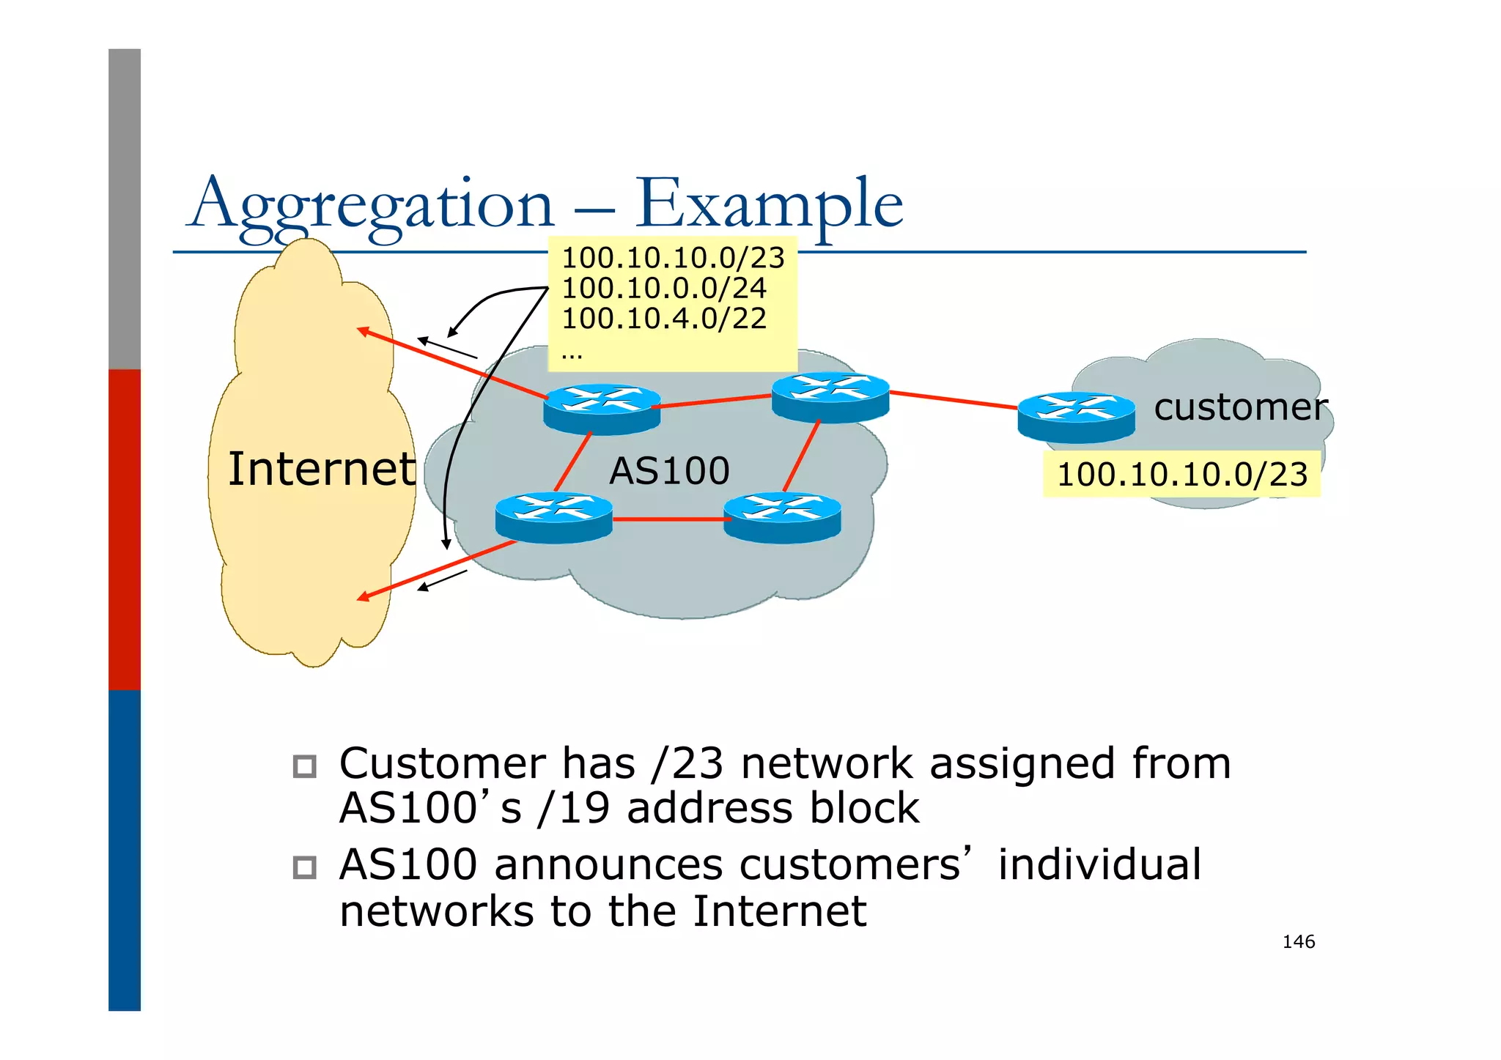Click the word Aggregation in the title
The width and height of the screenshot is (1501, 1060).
(370, 205)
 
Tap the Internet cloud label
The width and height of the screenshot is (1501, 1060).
(321, 469)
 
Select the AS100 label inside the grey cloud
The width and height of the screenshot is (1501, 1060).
(669, 471)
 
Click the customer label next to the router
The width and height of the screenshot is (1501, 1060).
(1240, 407)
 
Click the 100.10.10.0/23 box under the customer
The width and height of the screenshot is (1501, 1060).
(1181, 475)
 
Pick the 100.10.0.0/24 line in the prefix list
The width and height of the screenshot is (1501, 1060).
(663, 288)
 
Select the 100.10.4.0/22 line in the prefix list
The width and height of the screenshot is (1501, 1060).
(663, 318)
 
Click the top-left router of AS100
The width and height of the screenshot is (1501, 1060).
(602, 409)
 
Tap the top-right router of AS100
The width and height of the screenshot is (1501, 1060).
(830, 398)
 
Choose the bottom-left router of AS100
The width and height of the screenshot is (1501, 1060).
(553, 517)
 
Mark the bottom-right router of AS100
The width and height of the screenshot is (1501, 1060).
(782, 517)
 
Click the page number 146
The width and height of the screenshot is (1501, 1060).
(1298, 942)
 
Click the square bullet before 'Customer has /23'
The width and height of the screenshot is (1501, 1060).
(304, 766)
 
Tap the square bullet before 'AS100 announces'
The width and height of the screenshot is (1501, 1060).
(304, 867)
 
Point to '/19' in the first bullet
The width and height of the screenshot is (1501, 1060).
(573, 808)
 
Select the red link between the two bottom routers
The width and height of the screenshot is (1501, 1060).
(667, 519)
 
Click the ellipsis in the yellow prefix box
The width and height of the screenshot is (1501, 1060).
(572, 356)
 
